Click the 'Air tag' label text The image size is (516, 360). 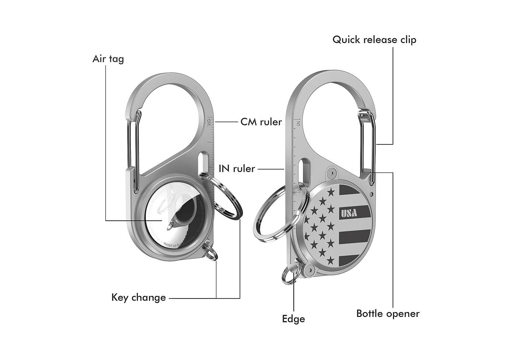click(108, 59)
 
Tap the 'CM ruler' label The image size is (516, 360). click(261, 122)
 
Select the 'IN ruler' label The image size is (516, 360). click(237, 169)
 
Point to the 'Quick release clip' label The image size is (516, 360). click(374, 40)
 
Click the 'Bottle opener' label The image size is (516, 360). click(388, 314)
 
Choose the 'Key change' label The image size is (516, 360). click(139, 297)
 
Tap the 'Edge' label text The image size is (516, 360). click(293, 319)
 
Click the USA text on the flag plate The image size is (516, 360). click(349, 213)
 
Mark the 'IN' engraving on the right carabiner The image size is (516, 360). click(297, 122)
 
